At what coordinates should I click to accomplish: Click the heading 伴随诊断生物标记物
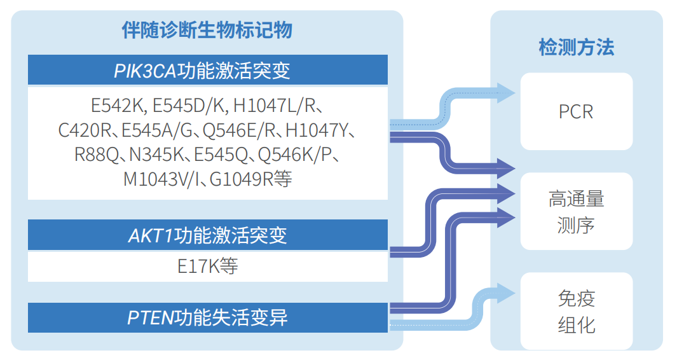pos(207,30)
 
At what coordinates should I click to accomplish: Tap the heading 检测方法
pos(576,48)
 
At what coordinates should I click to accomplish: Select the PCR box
pos(576,112)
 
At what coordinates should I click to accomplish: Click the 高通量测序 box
pos(576,211)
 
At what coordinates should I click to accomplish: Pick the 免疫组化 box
pos(576,311)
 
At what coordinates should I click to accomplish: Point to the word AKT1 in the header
pos(151,236)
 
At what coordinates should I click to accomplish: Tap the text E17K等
pos(207,267)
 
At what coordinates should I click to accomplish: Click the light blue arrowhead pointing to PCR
pos(506,93)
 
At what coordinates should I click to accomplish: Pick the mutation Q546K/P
pos(292,156)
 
